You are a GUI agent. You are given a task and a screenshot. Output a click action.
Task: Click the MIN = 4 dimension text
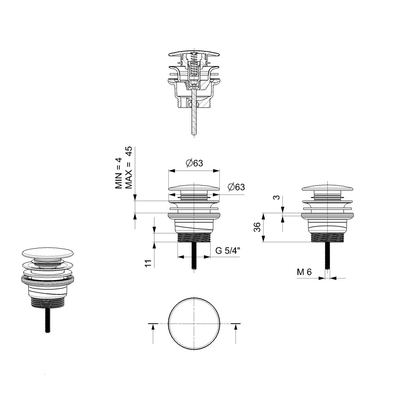tap(118, 173)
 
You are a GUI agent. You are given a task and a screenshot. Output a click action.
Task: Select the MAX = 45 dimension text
tap(129, 167)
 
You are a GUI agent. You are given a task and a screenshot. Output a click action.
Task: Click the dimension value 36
tap(257, 227)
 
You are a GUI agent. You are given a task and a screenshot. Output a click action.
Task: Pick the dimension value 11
tap(148, 263)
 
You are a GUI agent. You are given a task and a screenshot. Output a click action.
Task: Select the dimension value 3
tap(277, 197)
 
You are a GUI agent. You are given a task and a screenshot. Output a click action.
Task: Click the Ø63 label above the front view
tap(194, 163)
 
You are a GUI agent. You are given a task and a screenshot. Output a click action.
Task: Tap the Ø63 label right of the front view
tap(236, 187)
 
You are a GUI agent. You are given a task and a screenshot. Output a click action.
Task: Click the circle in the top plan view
tap(168, 324)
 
